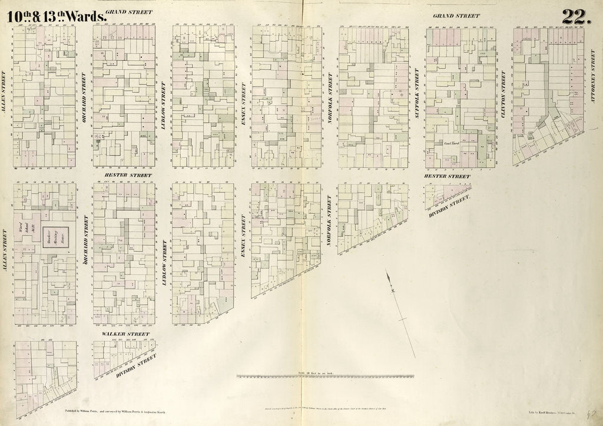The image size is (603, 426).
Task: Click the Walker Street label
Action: point(125,334)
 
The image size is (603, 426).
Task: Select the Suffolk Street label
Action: point(417,94)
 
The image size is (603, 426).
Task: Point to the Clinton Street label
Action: point(503,94)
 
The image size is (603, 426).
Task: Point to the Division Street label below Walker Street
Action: point(135,365)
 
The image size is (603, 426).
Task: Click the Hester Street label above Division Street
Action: point(447,176)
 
